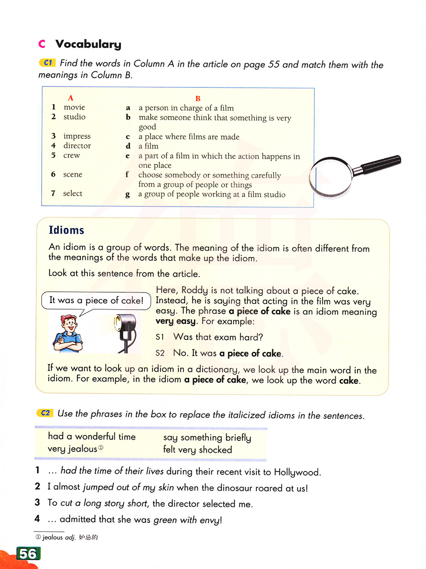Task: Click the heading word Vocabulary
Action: tap(88, 44)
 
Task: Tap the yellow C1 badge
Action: tap(47, 63)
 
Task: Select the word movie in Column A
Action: tap(74, 107)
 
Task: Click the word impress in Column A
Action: tap(77, 136)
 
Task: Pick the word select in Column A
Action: tap(72, 193)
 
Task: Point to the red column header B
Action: tap(198, 98)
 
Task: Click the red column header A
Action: tap(71, 98)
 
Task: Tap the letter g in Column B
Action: tap(127, 195)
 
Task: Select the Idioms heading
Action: tap(66, 230)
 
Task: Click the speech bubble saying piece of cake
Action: tap(96, 300)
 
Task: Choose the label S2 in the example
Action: tap(160, 353)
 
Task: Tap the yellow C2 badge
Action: tap(45, 413)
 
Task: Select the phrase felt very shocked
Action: tap(197, 450)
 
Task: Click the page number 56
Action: tap(28, 553)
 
